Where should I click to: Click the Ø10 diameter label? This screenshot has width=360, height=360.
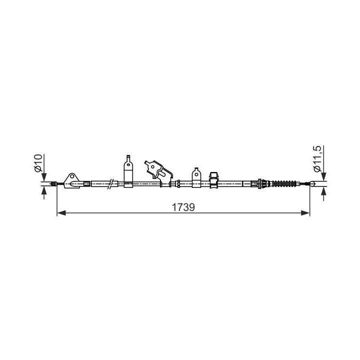38,163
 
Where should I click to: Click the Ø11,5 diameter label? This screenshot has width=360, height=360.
317,159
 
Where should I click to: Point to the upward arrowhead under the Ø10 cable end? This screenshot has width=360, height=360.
45,191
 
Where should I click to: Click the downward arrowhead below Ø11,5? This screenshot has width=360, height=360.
323,176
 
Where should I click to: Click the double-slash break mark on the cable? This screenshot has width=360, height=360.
113,183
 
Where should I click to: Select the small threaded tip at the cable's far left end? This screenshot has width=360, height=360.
52,184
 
